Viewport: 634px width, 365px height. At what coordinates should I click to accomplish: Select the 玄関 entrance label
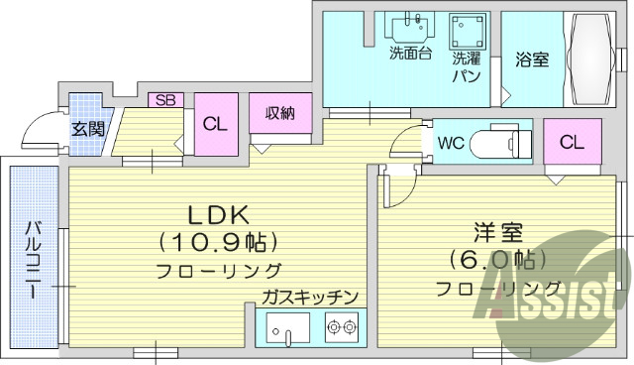click(x=88, y=128)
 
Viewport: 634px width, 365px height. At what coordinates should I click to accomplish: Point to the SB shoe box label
click(x=165, y=100)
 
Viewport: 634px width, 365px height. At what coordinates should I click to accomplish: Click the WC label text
click(x=451, y=141)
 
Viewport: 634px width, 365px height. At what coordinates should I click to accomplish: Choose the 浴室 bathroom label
click(x=531, y=61)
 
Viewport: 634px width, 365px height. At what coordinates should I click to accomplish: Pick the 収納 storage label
click(x=279, y=112)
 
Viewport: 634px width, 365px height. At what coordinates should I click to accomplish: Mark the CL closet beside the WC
click(x=571, y=142)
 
